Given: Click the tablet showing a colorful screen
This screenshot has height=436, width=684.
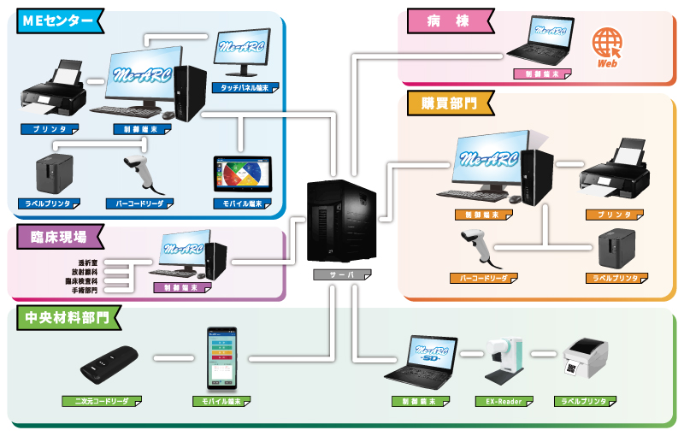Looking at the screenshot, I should coord(241,174).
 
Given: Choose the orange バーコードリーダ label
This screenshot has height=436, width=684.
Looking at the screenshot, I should coord(483,279).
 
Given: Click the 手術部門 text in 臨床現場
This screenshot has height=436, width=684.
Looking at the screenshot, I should coord(84,291).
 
